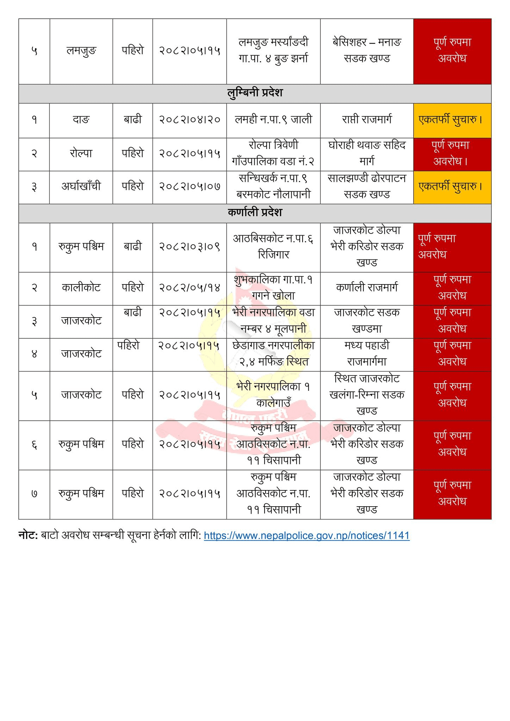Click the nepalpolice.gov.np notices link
point(306,536)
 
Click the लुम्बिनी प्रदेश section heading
point(255,93)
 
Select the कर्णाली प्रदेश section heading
point(255,213)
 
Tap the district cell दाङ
point(81,120)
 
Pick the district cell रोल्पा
point(81,153)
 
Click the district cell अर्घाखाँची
point(81,186)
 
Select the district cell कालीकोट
point(81,288)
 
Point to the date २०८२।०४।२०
point(189,120)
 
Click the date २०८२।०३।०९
point(189,247)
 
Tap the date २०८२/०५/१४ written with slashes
point(189,288)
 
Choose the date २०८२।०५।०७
point(189,186)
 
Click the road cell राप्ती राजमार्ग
point(367,120)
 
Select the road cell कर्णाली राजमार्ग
point(367,288)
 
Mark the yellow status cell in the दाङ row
point(452,120)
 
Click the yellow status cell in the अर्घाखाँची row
point(452,186)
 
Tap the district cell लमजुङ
point(81,51)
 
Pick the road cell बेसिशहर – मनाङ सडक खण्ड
point(367,50)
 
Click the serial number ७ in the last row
point(34,494)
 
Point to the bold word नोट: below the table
point(28,536)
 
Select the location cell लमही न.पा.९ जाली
point(273,120)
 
